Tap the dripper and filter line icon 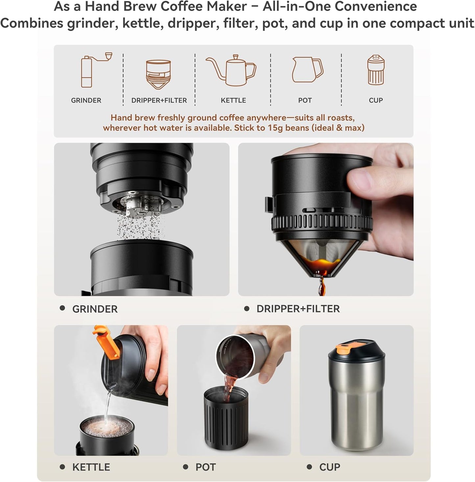click(158, 75)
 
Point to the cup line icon click(376, 70)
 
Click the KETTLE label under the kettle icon click(233, 100)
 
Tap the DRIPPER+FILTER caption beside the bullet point click(298, 309)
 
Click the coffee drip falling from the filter click(321, 286)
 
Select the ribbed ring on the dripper click(321, 223)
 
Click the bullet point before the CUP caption click(309, 467)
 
